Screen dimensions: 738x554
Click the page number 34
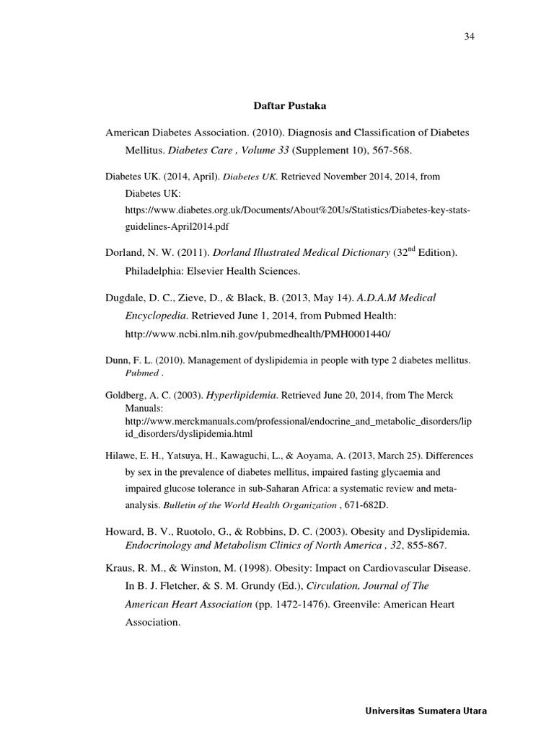(470, 36)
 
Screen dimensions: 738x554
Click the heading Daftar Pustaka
(289, 106)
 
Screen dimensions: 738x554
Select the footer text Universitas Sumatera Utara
(424, 711)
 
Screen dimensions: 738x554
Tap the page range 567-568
(396, 150)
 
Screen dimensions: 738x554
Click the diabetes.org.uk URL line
(297, 210)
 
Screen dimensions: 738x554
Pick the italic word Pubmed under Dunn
(140, 374)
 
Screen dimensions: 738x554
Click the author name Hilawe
(122, 457)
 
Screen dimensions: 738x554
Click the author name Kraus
(120, 568)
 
